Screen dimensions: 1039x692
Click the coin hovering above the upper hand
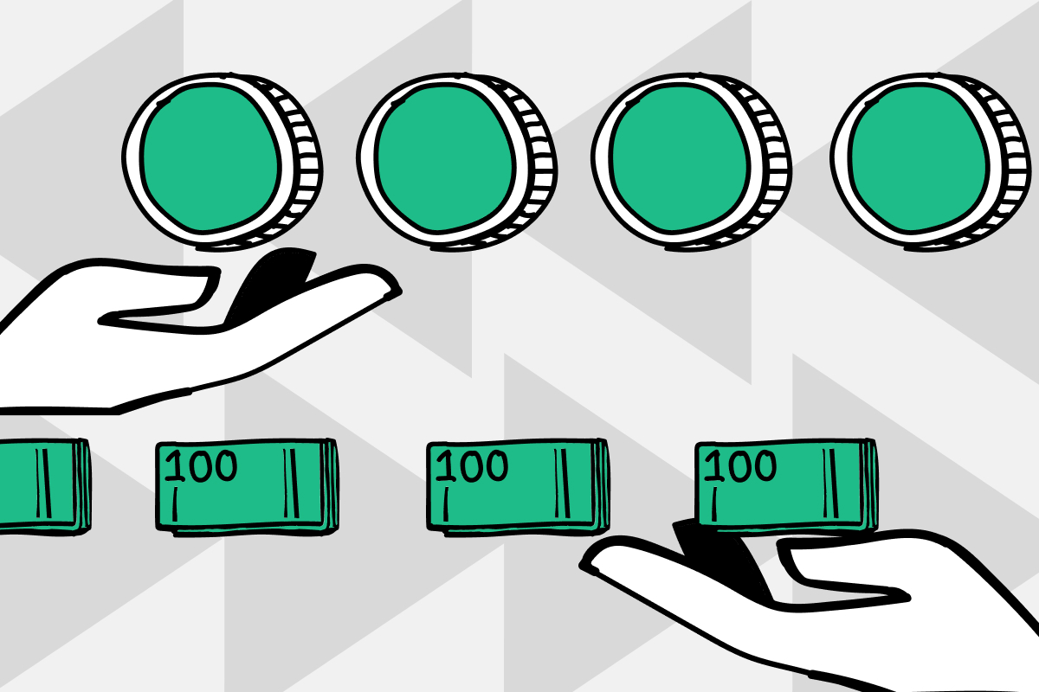(223, 162)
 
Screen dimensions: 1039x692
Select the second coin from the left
(457, 162)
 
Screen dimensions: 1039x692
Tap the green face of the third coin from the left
(680, 158)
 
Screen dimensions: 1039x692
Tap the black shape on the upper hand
(271, 283)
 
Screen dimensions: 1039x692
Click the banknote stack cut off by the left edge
(44, 487)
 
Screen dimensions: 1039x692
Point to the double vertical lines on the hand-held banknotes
(830, 483)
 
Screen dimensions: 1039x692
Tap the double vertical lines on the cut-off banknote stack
(43, 483)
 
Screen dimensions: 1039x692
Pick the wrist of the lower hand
(997, 649)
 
